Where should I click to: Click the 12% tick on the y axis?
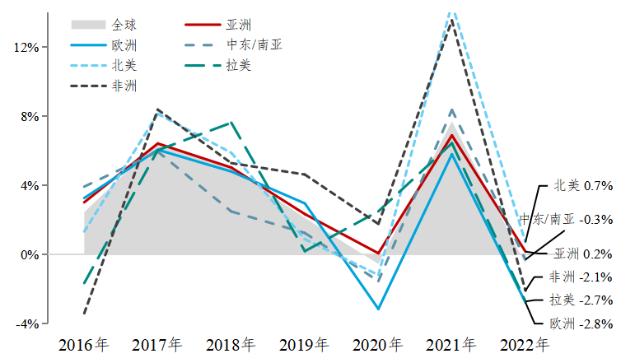[x=26, y=48]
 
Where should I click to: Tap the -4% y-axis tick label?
[x=27, y=324]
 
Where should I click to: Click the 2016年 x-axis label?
[x=84, y=344]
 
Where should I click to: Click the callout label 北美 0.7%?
[x=583, y=186]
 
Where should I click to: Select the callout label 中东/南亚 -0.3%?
[x=566, y=220]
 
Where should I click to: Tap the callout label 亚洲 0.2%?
[x=583, y=254]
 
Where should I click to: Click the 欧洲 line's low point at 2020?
[x=378, y=309]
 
